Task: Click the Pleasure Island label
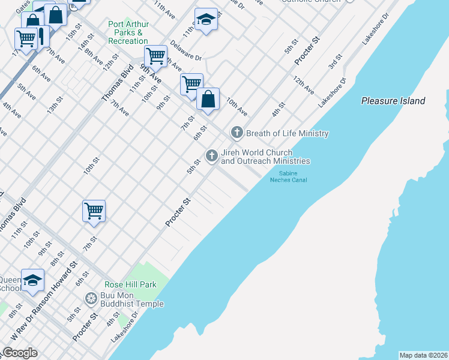point(393,101)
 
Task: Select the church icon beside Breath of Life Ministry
point(237,133)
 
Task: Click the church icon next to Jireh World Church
point(211,156)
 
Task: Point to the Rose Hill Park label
point(130,284)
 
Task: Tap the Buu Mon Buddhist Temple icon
point(91,298)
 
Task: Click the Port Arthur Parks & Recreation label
point(128,32)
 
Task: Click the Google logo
point(20,353)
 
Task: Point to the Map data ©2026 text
point(423,355)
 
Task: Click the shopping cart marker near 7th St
point(94,211)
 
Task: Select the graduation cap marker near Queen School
point(32,280)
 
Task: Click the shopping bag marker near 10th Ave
point(208,99)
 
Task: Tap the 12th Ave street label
point(304,85)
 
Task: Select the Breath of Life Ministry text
point(287,133)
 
